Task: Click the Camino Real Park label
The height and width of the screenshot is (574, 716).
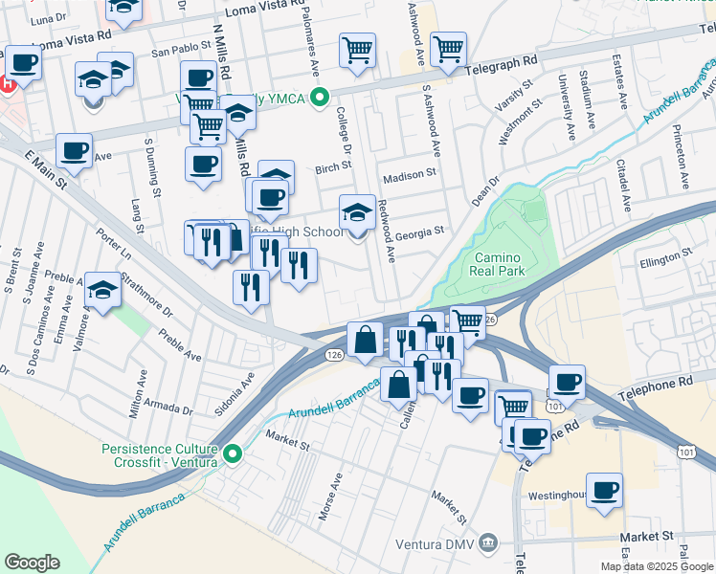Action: pos(497,265)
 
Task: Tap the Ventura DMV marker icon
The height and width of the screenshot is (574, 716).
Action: pos(489,543)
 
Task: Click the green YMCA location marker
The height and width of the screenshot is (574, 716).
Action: pos(322,96)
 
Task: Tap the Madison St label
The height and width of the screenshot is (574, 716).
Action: pos(410,177)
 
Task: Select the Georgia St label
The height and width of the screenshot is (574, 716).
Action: pos(420,231)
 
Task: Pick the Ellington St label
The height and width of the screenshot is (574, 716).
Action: pos(666,254)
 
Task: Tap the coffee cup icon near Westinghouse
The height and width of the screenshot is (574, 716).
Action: pos(604,490)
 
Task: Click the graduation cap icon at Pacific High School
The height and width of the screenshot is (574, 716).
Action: pos(357,212)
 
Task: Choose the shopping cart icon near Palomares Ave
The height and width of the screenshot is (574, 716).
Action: pos(357,50)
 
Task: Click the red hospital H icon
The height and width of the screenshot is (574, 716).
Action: pos(7,83)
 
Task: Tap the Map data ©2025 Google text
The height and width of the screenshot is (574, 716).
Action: pos(657,566)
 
